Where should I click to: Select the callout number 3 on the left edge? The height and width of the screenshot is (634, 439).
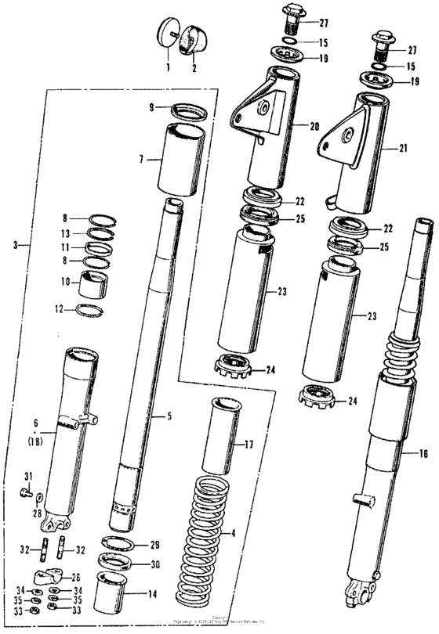tap(16, 245)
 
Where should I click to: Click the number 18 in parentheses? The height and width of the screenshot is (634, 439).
tap(35, 441)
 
